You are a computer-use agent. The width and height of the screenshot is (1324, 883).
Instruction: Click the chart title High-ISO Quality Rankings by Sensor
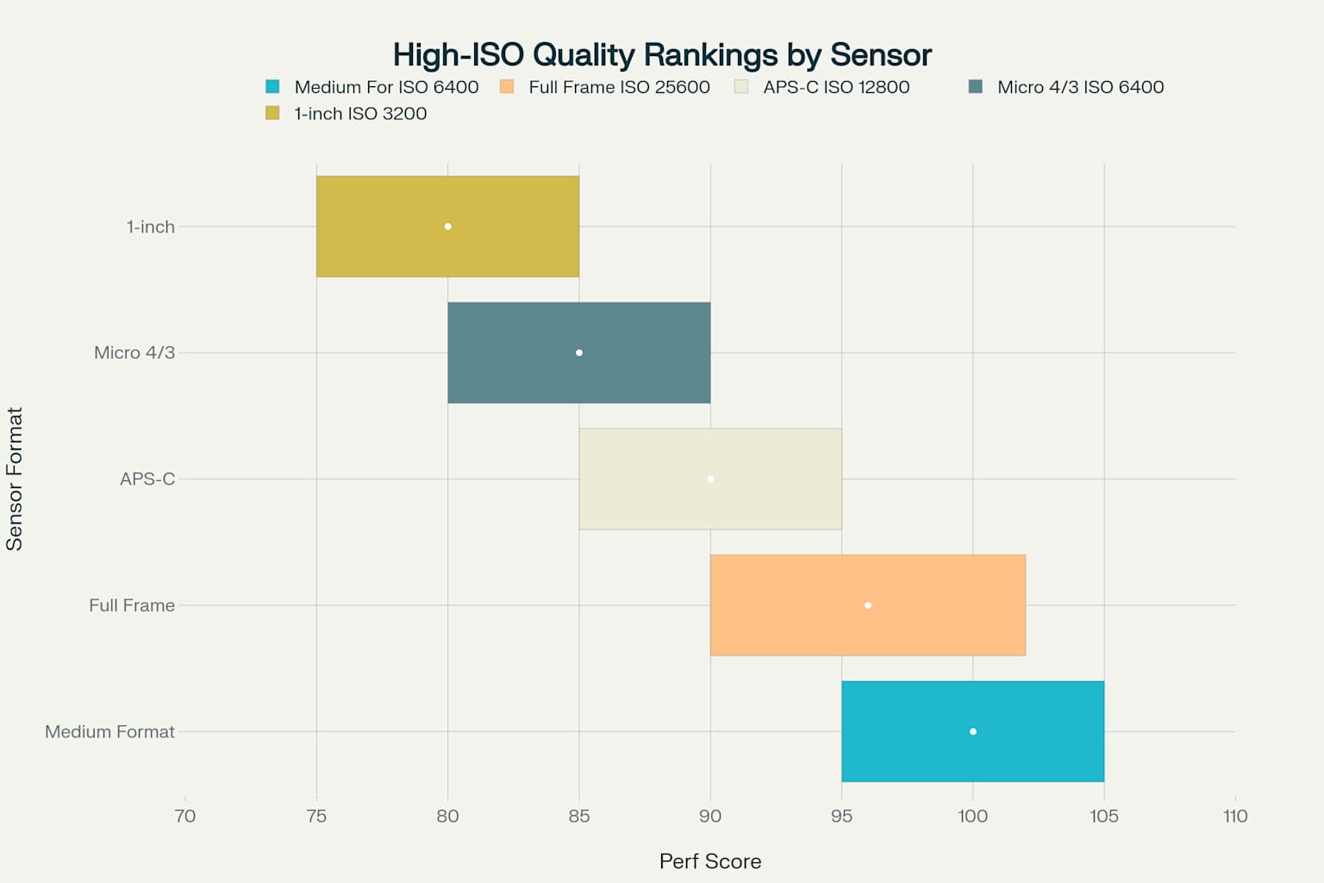pyautogui.click(x=662, y=55)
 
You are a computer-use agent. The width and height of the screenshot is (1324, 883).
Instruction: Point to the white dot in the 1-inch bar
pyautogui.click(x=447, y=227)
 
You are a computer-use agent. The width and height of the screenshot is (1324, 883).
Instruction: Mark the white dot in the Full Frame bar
pyautogui.click(x=868, y=605)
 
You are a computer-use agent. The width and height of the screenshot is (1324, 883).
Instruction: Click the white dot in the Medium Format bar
pyautogui.click(x=973, y=731)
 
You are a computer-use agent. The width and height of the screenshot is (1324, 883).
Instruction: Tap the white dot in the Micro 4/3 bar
pyautogui.click(x=579, y=353)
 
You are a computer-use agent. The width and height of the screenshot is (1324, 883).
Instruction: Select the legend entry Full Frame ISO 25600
pyautogui.click(x=619, y=87)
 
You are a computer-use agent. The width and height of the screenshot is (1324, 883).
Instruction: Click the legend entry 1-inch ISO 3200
pyautogui.click(x=360, y=114)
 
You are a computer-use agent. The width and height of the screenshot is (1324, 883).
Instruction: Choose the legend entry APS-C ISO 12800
pyautogui.click(x=836, y=87)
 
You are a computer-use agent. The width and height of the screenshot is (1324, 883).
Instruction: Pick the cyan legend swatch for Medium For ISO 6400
pyautogui.click(x=272, y=87)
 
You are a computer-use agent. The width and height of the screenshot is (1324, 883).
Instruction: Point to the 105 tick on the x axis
pyautogui.click(x=1104, y=816)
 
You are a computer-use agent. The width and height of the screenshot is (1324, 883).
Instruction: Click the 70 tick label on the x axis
pyautogui.click(x=185, y=816)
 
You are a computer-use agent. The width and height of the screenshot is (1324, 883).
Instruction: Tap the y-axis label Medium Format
pyautogui.click(x=109, y=731)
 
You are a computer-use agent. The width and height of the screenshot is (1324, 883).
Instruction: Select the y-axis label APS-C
pyautogui.click(x=147, y=479)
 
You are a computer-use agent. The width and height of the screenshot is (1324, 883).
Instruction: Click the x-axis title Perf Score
pyautogui.click(x=710, y=861)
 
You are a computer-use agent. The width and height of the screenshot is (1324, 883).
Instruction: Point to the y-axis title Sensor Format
pyautogui.click(x=15, y=479)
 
